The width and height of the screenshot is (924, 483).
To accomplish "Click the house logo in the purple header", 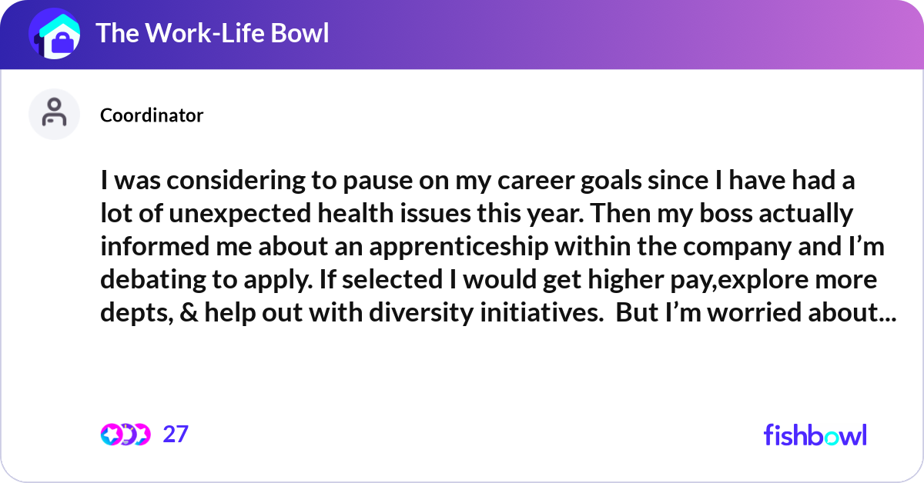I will coord(55,35).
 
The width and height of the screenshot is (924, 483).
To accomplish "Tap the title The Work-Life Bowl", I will coord(212,34).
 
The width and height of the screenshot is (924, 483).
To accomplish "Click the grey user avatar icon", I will coord(55,114).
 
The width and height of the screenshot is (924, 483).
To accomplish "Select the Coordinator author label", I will coord(152,115).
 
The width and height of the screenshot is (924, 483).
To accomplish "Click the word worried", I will coord(752,311).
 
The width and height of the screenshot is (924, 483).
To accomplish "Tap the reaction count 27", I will coord(176,435).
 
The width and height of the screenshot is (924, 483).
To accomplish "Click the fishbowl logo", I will coord(815,435).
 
